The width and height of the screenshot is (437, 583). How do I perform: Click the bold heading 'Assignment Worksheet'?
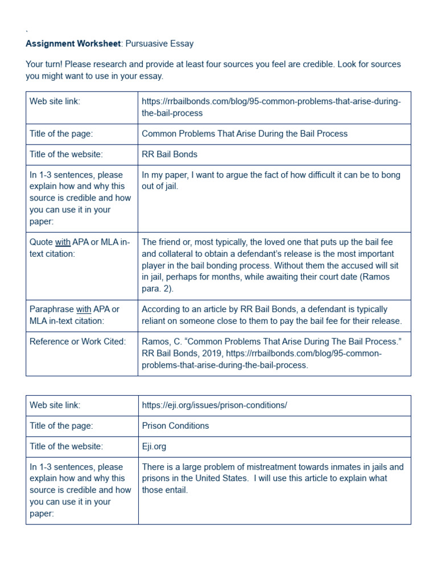tap(73, 43)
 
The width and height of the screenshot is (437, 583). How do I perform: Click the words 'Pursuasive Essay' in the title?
tap(159, 43)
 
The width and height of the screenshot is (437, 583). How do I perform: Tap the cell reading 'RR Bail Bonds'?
tap(169, 154)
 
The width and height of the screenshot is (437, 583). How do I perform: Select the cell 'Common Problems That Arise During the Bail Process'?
tap(244, 134)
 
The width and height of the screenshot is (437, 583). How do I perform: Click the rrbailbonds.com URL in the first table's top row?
tap(271, 107)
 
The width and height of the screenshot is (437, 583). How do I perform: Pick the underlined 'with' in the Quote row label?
tap(62, 243)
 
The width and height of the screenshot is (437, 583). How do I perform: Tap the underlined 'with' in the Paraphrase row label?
tap(84, 309)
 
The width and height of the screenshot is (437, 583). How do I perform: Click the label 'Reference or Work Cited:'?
tap(77, 341)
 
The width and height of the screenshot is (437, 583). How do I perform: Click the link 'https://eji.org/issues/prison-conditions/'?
tap(214, 405)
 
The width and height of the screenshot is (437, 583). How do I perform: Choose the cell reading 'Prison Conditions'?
tap(175, 426)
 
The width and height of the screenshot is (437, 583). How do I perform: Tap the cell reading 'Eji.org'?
tap(154, 446)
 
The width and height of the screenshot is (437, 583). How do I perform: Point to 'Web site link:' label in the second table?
tap(55, 405)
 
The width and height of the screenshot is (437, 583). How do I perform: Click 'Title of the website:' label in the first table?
tap(67, 154)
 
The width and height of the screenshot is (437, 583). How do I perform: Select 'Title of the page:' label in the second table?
tap(61, 426)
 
